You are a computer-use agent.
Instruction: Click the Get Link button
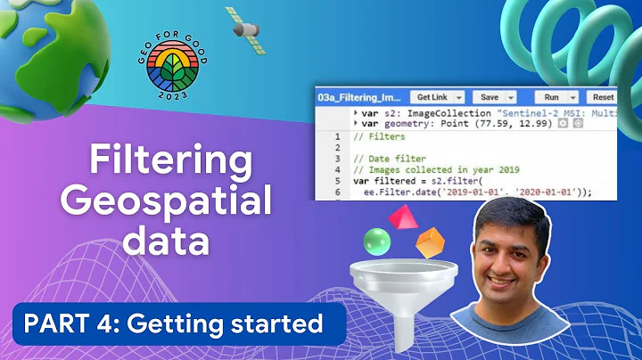[439, 96]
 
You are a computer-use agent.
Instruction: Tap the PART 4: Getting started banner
[173, 323]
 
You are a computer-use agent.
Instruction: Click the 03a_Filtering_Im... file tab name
[362, 96]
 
